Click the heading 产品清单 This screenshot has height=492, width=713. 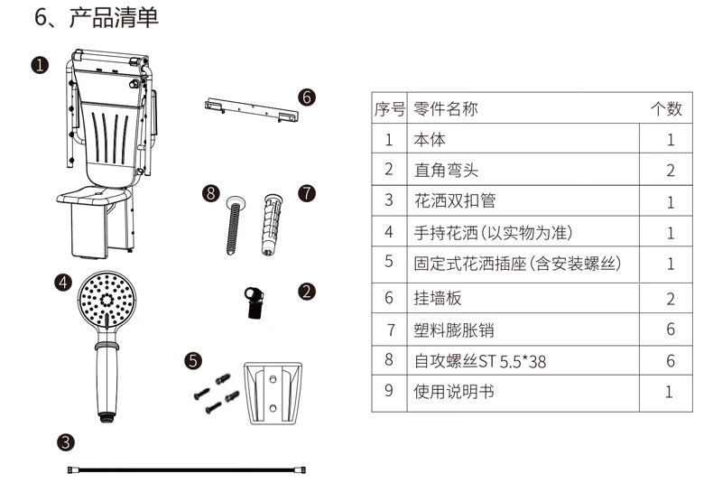click(114, 18)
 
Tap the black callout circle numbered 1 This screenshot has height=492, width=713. click(40, 65)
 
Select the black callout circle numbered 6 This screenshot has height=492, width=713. click(307, 97)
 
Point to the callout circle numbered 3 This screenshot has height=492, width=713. click(66, 442)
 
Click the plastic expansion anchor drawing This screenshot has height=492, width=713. click(272, 224)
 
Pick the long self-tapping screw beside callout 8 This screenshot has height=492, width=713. click(234, 225)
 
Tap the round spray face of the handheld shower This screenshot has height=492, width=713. click(106, 300)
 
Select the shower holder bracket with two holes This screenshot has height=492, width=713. click(273, 394)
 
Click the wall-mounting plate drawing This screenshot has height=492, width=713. click(252, 109)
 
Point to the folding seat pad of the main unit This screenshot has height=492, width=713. click(94, 196)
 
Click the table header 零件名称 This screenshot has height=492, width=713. click(446, 109)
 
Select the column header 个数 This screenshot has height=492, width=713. click(666, 109)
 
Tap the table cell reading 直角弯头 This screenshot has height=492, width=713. click(446, 171)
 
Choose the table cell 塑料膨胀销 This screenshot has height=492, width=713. click(454, 330)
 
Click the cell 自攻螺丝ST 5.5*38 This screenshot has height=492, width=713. click(480, 361)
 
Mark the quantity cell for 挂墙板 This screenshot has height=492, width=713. click(671, 299)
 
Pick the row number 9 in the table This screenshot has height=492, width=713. click(389, 391)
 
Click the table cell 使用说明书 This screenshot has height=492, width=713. click(454, 392)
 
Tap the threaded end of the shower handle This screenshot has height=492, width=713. click(106, 417)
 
